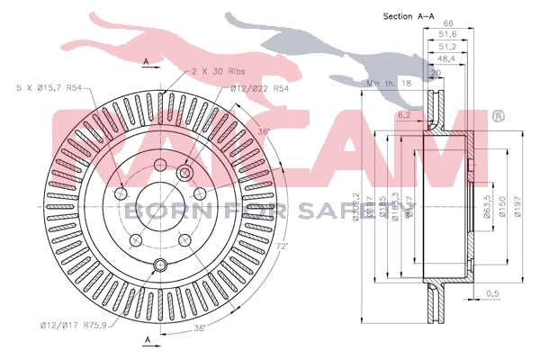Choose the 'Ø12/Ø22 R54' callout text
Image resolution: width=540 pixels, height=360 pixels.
[259, 87]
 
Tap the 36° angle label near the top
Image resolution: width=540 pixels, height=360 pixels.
[264, 132]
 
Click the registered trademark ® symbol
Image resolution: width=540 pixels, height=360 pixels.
[499, 116]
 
